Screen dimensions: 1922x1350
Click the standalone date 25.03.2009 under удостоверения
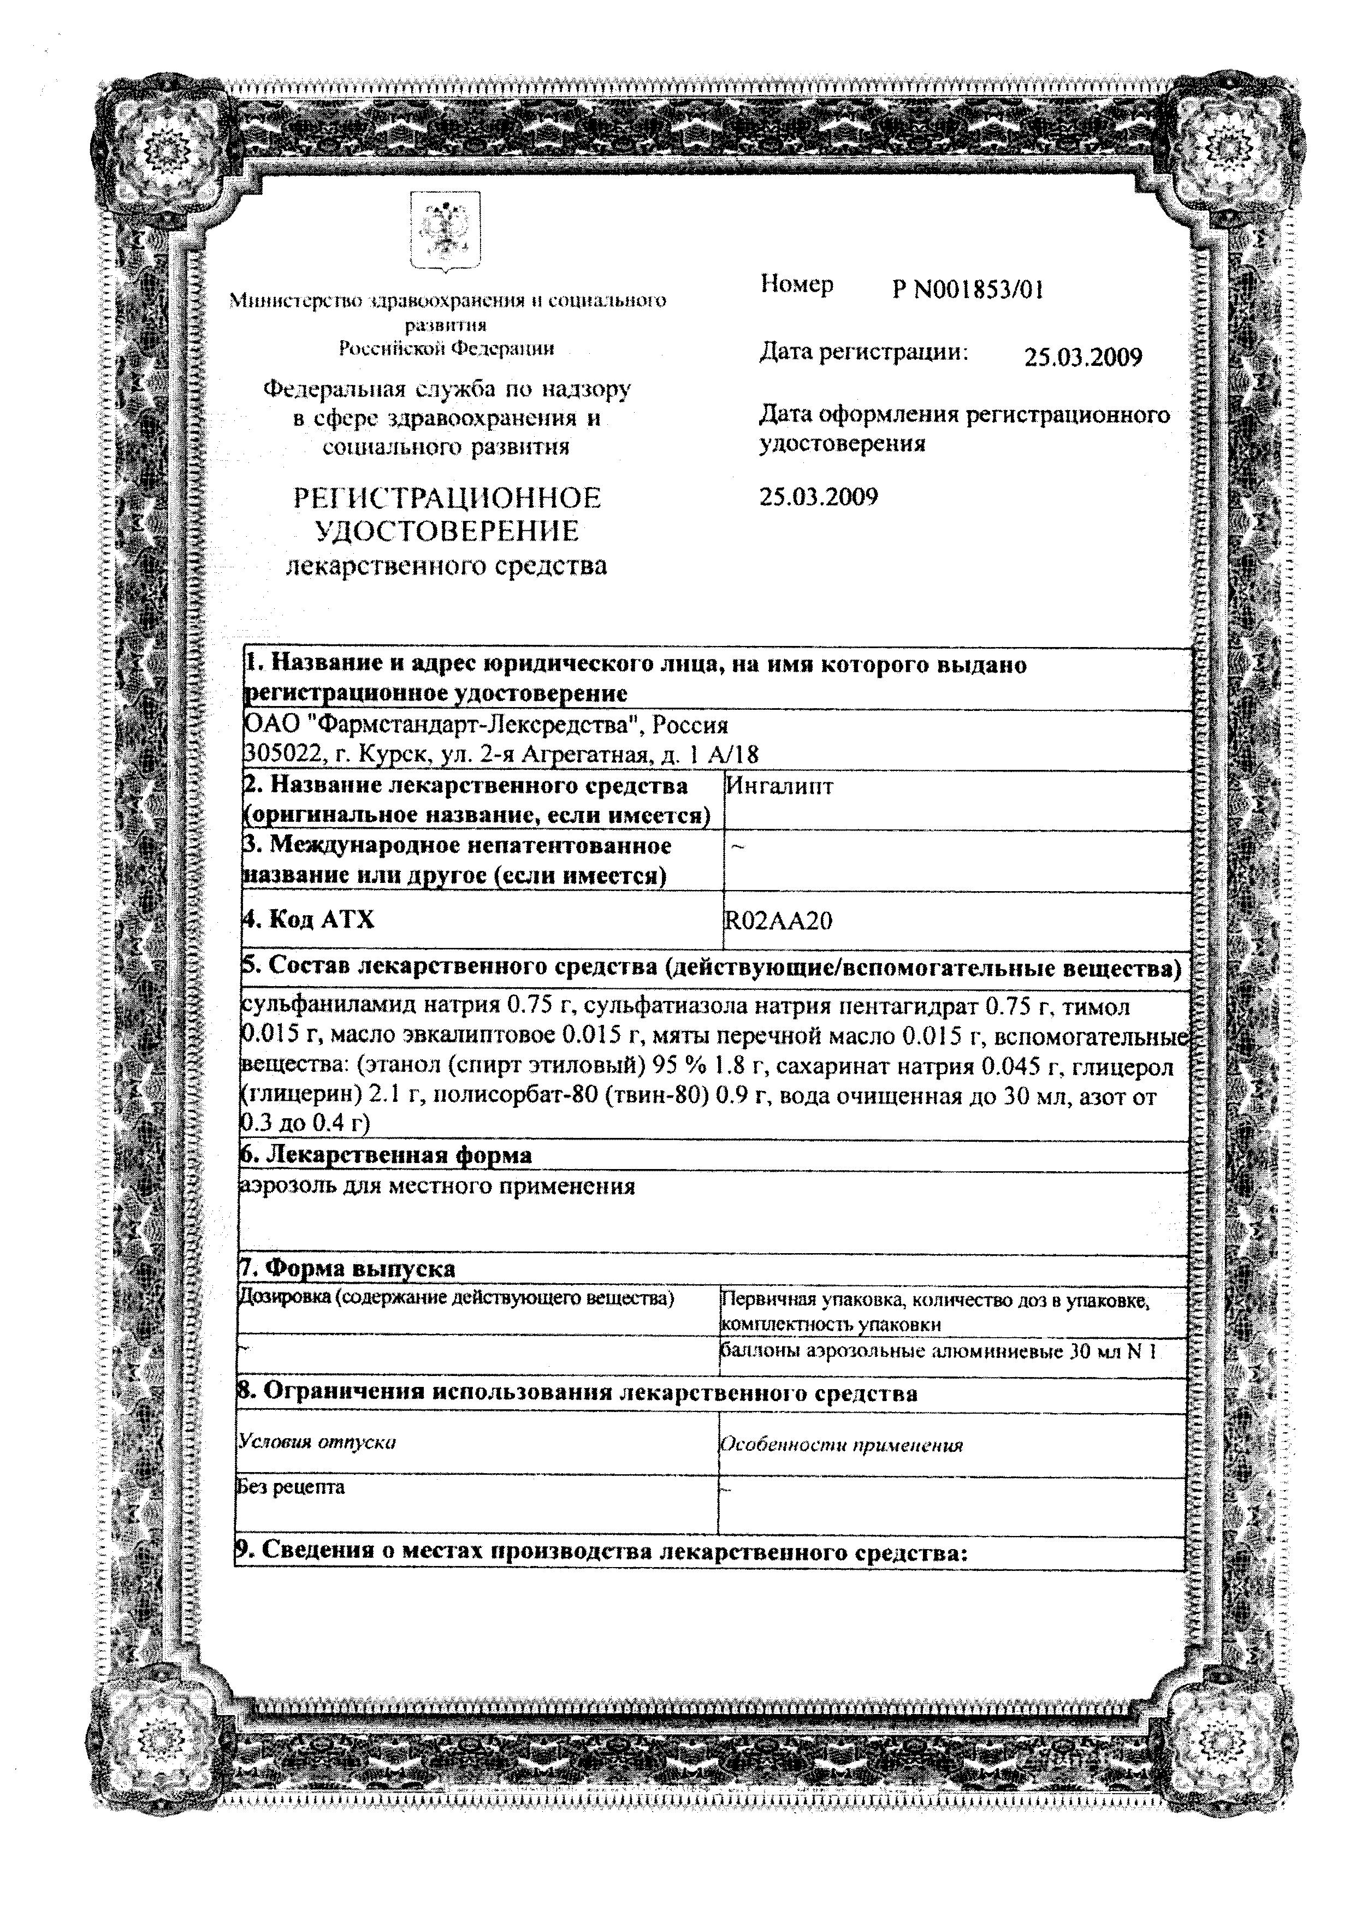[818, 497]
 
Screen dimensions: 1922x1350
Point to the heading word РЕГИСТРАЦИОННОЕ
[447, 499]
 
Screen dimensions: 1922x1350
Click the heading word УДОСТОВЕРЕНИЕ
[447, 532]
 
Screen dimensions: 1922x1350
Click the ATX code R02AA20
[778, 921]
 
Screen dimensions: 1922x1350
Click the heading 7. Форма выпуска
[347, 1269]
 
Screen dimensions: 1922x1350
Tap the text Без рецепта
[291, 1487]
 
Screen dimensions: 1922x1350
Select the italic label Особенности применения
[842, 1445]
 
